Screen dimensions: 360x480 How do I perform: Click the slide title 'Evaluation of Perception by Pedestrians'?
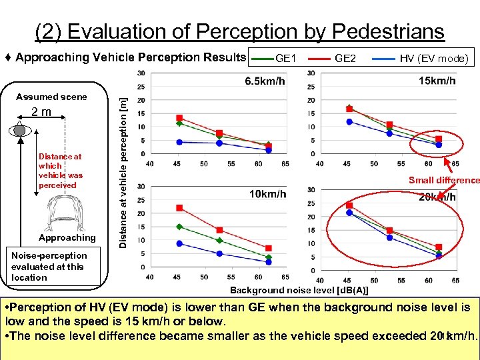(239, 31)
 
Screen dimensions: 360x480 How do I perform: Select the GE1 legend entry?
(286, 59)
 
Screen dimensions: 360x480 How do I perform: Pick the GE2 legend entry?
(345, 59)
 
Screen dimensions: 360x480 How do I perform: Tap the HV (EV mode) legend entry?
(434, 59)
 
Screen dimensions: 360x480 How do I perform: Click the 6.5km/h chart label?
(265, 81)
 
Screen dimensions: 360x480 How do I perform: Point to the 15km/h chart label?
(437, 81)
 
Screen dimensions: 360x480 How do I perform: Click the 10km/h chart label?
(267, 194)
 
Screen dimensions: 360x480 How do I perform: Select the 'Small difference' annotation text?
(444, 180)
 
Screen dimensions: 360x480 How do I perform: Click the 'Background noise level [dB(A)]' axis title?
(299, 290)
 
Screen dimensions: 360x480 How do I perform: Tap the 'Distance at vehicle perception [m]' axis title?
(123, 169)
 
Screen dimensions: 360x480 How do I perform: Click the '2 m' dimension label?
(41, 112)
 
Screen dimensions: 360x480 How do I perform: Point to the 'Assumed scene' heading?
(51, 97)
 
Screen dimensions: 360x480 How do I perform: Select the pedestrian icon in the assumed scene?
(21, 130)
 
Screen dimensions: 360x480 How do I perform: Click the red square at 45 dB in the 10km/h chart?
(179, 208)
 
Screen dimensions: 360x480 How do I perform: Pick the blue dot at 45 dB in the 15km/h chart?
(349, 122)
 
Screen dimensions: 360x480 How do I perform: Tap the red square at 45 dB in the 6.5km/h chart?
(179, 118)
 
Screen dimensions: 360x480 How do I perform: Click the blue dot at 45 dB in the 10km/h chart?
(179, 243)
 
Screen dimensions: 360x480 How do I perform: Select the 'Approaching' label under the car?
(67, 238)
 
